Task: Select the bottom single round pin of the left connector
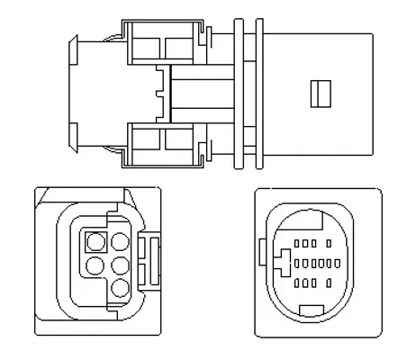tap(118, 287)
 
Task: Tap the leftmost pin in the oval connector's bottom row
tap(298, 283)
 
